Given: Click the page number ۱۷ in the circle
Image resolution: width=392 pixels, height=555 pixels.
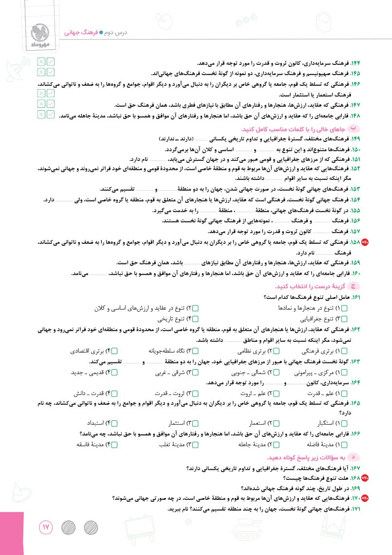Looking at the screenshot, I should pyautogui.click(x=46, y=528).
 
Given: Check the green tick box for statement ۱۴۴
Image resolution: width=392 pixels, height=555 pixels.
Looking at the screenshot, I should pyautogui.click(x=51, y=61).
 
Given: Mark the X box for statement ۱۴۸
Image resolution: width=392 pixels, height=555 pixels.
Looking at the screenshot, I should pyautogui.click(x=41, y=115).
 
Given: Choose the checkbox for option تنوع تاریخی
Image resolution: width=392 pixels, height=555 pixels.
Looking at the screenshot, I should pyautogui.click(x=196, y=319).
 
